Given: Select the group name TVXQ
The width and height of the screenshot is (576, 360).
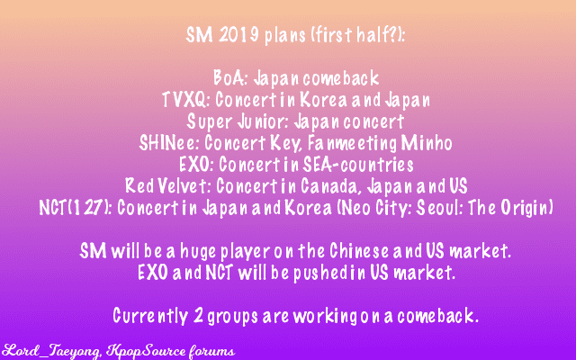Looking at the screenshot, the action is pyautogui.click(x=185, y=100).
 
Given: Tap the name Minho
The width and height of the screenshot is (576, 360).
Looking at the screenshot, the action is pyautogui.click(x=427, y=143).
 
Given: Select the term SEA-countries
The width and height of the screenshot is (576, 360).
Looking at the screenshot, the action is pyautogui.click(x=358, y=165).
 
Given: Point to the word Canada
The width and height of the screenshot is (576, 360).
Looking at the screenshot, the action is pyautogui.click(x=328, y=186).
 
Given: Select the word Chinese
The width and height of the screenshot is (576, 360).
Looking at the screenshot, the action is pyautogui.click(x=359, y=251).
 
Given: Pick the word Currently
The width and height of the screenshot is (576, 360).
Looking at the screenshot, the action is pyautogui.click(x=150, y=316).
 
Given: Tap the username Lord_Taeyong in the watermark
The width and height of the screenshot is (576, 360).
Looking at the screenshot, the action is pyautogui.click(x=51, y=351).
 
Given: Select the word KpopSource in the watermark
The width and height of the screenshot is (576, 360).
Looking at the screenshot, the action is pyautogui.click(x=146, y=352).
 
